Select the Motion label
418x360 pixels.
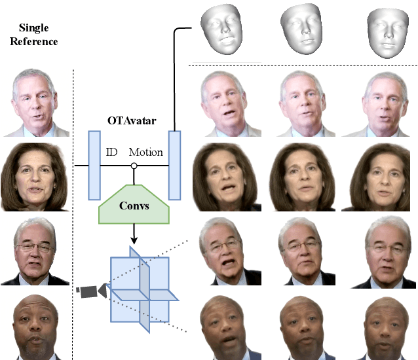145,153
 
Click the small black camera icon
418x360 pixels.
90,289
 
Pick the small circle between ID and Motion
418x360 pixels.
134,166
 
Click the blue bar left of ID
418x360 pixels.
93,165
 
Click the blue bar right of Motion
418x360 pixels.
174,165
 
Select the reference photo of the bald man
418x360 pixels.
33,327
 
